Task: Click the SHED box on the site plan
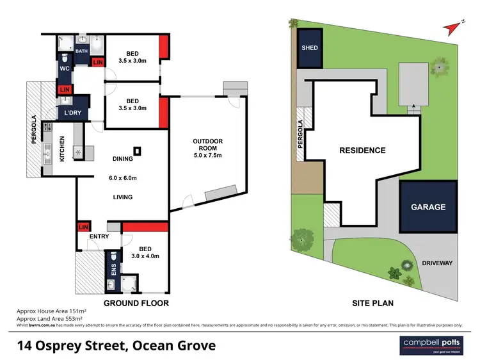coord(310,48)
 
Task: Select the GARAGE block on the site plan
coord(429,207)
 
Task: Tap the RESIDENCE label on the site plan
coord(362,151)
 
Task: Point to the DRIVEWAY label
coord(437,263)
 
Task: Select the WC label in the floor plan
coord(65,69)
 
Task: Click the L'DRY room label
coord(71,113)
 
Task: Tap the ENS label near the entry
coord(114,270)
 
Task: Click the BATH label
coord(82,51)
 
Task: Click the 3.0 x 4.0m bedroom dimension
coord(146,256)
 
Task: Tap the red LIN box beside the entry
coord(83,227)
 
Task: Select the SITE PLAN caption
coord(372,303)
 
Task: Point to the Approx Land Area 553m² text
coord(45,319)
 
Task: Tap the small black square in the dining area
coord(138,152)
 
